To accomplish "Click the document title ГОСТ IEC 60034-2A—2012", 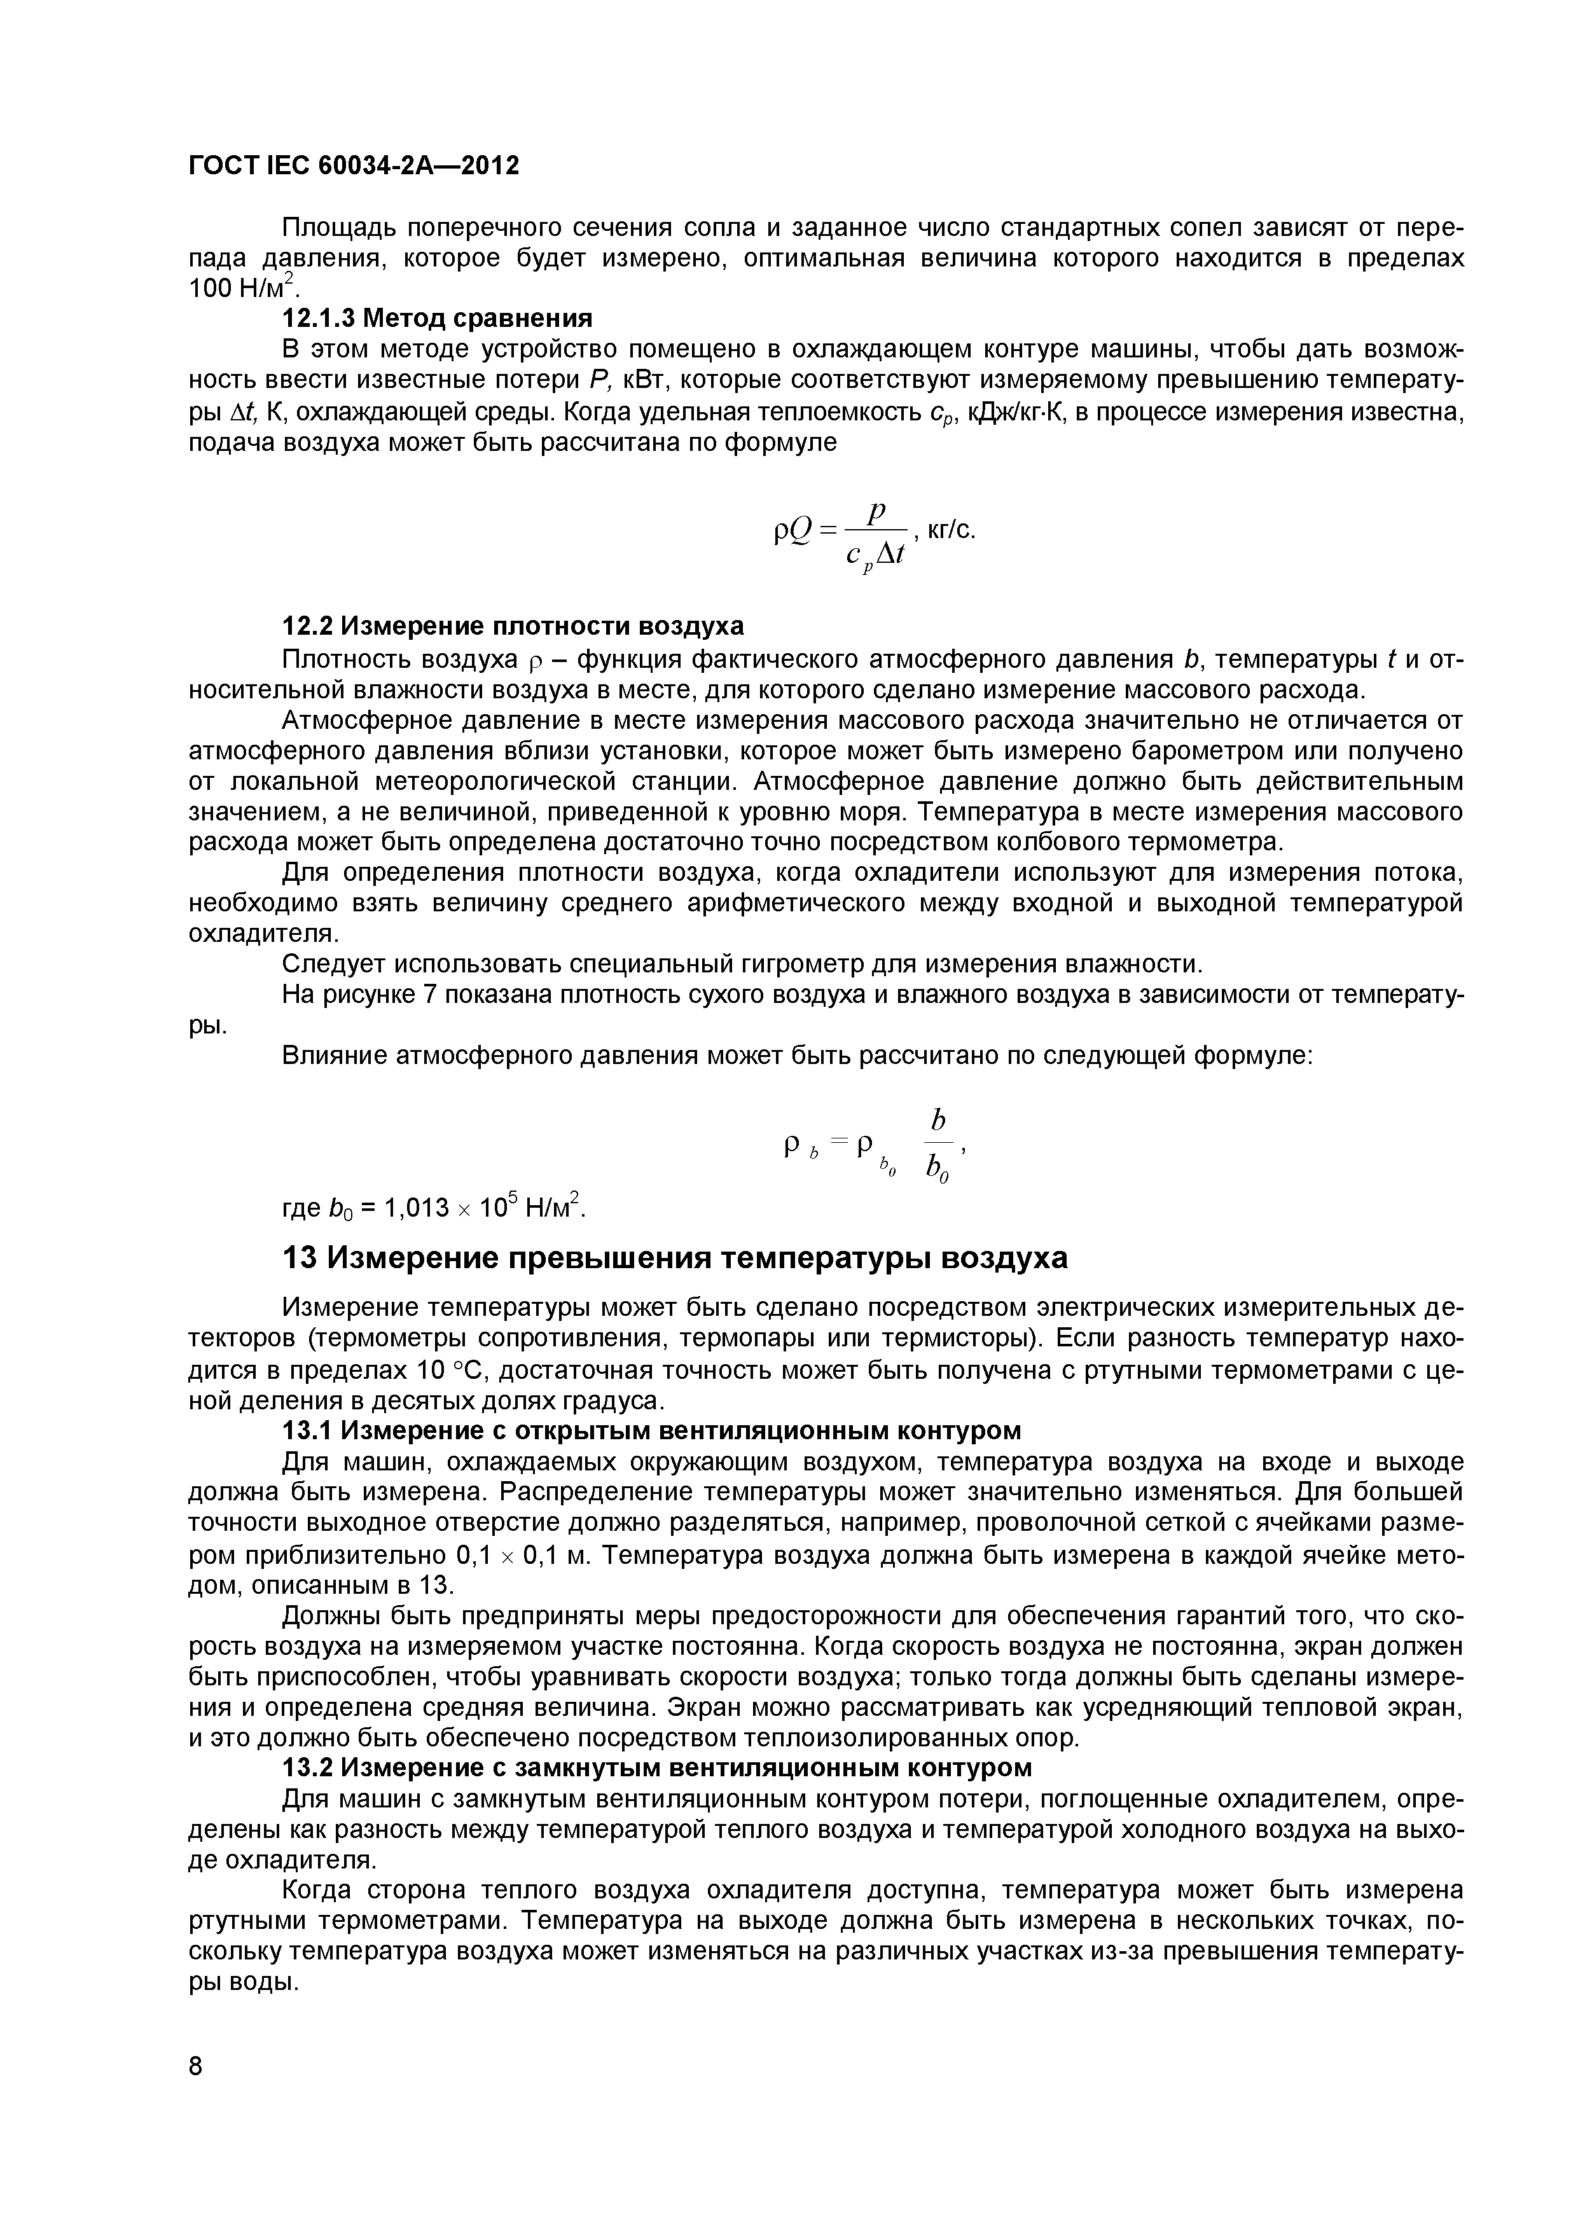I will point(354,165).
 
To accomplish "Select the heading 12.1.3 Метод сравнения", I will point(436,318).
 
